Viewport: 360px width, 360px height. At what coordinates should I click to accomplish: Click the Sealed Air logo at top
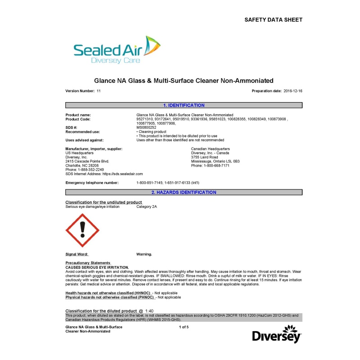click(x=117, y=49)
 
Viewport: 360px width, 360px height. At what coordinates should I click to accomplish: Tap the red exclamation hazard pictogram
click(x=82, y=230)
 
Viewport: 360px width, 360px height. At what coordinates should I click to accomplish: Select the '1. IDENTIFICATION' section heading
click(x=184, y=105)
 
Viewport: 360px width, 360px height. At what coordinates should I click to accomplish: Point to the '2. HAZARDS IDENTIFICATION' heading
click(x=184, y=192)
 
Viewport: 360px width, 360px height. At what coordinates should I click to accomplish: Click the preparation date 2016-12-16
click(x=293, y=91)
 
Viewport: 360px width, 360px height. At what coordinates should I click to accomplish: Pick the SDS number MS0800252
click(x=146, y=127)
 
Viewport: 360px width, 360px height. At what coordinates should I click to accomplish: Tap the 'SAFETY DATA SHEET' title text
click(x=273, y=20)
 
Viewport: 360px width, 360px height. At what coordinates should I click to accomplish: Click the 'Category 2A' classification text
click(x=147, y=206)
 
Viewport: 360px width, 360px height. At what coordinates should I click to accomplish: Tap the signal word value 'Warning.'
click(x=144, y=254)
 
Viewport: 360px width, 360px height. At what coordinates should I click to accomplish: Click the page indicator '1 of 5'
click(x=184, y=327)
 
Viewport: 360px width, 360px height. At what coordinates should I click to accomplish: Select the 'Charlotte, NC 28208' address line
click(x=81, y=165)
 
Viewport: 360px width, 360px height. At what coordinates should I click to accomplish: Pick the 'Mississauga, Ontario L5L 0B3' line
click(x=215, y=161)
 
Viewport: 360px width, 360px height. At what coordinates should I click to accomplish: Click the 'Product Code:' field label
click(x=78, y=119)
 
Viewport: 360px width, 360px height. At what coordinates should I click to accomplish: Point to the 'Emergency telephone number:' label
click(x=92, y=183)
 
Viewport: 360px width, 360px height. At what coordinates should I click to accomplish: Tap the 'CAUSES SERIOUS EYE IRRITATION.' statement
click(x=97, y=267)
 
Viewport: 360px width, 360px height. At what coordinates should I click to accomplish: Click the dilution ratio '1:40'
click(x=149, y=311)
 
